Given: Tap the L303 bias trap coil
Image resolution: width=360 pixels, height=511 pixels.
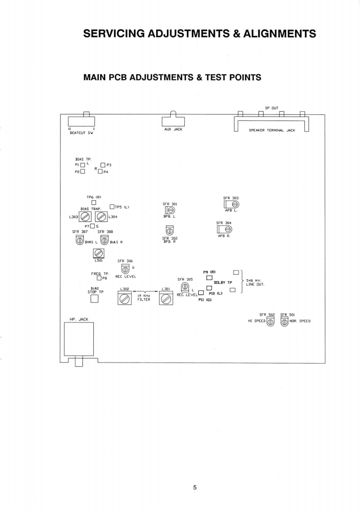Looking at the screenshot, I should [x=85, y=217].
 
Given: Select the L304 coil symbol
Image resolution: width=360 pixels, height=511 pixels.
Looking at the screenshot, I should [x=101, y=217].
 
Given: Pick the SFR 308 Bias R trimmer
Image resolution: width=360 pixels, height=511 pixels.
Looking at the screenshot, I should [x=104, y=240].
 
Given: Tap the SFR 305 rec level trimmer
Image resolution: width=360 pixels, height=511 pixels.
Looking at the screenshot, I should [x=185, y=287].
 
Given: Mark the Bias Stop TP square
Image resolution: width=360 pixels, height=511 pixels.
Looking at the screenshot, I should [x=95, y=299].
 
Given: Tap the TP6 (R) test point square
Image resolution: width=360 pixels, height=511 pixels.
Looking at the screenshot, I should [x=93, y=203].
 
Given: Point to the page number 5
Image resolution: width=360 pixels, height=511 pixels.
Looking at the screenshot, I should [x=195, y=487].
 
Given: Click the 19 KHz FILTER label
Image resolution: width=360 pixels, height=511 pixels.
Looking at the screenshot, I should [x=144, y=297].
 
